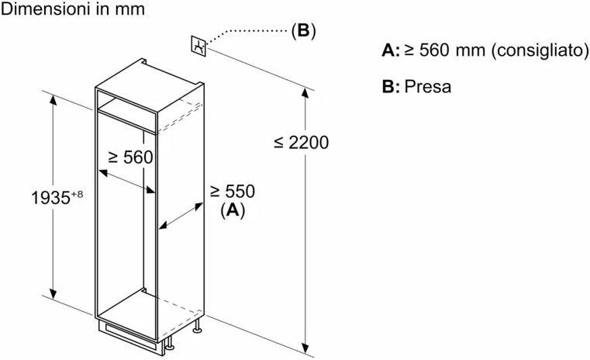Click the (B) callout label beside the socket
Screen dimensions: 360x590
click(x=303, y=31)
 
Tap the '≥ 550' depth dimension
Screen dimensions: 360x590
click(x=232, y=191)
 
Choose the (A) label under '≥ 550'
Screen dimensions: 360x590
click(x=232, y=209)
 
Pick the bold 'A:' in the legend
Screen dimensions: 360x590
click(x=391, y=51)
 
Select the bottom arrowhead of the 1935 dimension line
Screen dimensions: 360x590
click(x=53, y=296)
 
